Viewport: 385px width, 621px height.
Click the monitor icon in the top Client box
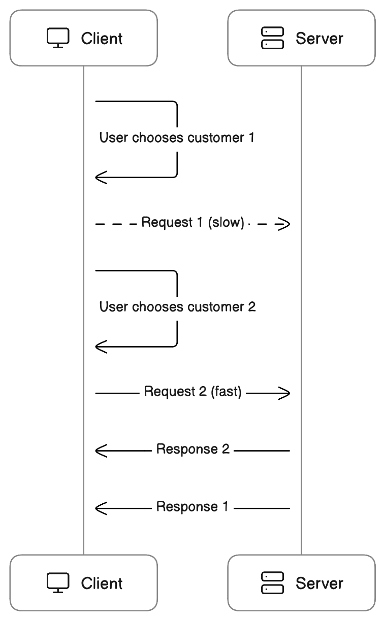[x=58, y=39]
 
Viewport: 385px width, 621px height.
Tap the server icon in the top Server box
[x=272, y=39]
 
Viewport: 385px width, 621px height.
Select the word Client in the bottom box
[x=102, y=583]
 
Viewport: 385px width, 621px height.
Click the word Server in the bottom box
[x=319, y=583]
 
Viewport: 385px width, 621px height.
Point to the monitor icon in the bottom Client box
[x=58, y=583]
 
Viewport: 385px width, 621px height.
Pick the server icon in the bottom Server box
[x=272, y=583]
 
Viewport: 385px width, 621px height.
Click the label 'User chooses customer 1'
[x=176, y=137]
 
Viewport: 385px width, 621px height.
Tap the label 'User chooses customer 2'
[x=177, y=307]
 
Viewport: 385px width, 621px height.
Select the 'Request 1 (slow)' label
[x=193, y=223]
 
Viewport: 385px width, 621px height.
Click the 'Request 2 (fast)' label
[x=192, y=392]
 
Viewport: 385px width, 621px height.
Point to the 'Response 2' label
[x=193, y=450]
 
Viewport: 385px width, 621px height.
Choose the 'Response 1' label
[x=192, y=507]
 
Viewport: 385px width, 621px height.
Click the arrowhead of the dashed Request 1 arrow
[x=284, y=223]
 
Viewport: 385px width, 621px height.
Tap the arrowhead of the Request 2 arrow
[x=284, y=393]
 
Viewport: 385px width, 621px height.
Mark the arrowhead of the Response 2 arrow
[x=101, y=450]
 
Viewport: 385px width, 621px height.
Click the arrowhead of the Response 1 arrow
[x=101, y=507]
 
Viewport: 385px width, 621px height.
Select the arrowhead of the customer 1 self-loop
[x=101, y=178]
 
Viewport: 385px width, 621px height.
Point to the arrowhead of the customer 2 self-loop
[x=101, y=347]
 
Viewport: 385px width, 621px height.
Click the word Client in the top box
[x=102, y=39]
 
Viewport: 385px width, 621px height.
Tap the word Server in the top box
[x=319, y=39]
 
